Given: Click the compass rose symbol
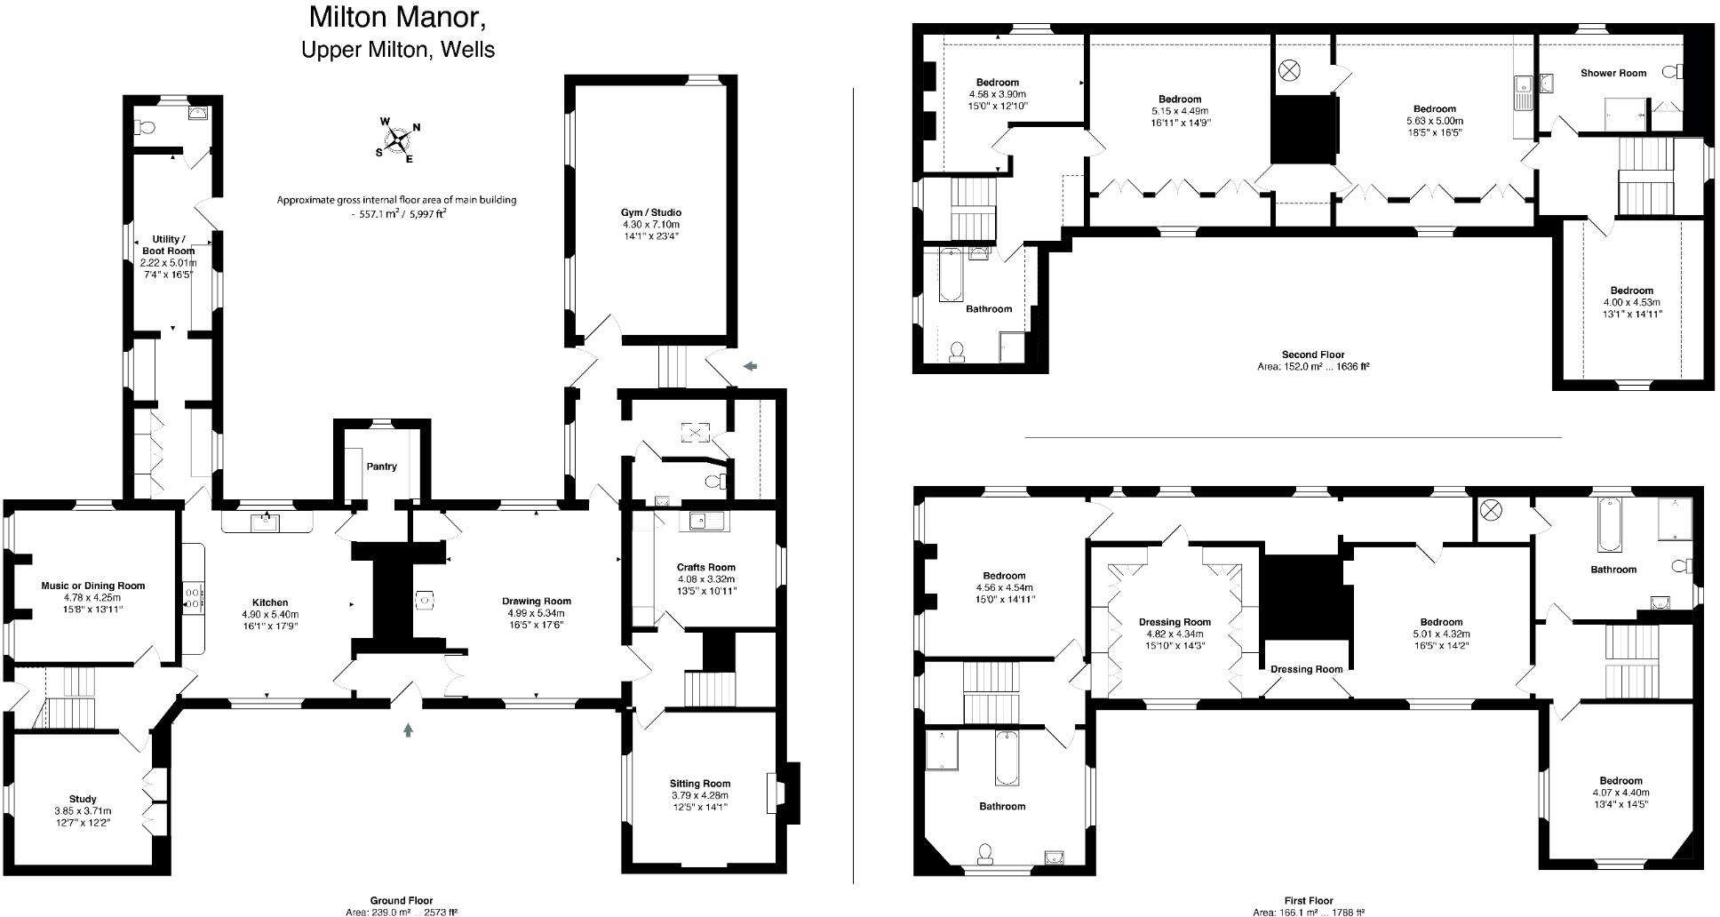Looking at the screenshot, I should [x=397, y=140].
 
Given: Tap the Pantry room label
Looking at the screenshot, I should [x=382, y=466].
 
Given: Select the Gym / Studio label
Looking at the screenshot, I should [x=651, y=212].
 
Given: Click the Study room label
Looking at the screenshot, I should [x=83, y=799].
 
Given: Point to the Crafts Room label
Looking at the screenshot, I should [x=705, y=567].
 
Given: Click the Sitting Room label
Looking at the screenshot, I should [x=699, y=784].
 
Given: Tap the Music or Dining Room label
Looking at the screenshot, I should [x=92, y=586].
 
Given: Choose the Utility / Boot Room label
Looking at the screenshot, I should [x=168, y=245].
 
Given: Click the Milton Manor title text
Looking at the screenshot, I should [x=397, y=17].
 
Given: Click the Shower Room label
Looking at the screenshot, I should [x=1612, y=73].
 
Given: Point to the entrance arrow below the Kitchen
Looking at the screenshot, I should [x=408, y=730].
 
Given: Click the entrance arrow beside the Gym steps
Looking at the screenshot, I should [x=751, y=365].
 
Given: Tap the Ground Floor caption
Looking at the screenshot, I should [x=401, y=900].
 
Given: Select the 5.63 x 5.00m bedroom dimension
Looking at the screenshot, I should [x=1434, y=121].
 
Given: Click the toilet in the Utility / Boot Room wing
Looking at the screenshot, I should [x=142, y=127].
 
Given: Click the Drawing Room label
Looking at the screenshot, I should [x=536, y=602].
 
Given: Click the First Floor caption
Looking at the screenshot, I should [x=1308, y=900].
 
